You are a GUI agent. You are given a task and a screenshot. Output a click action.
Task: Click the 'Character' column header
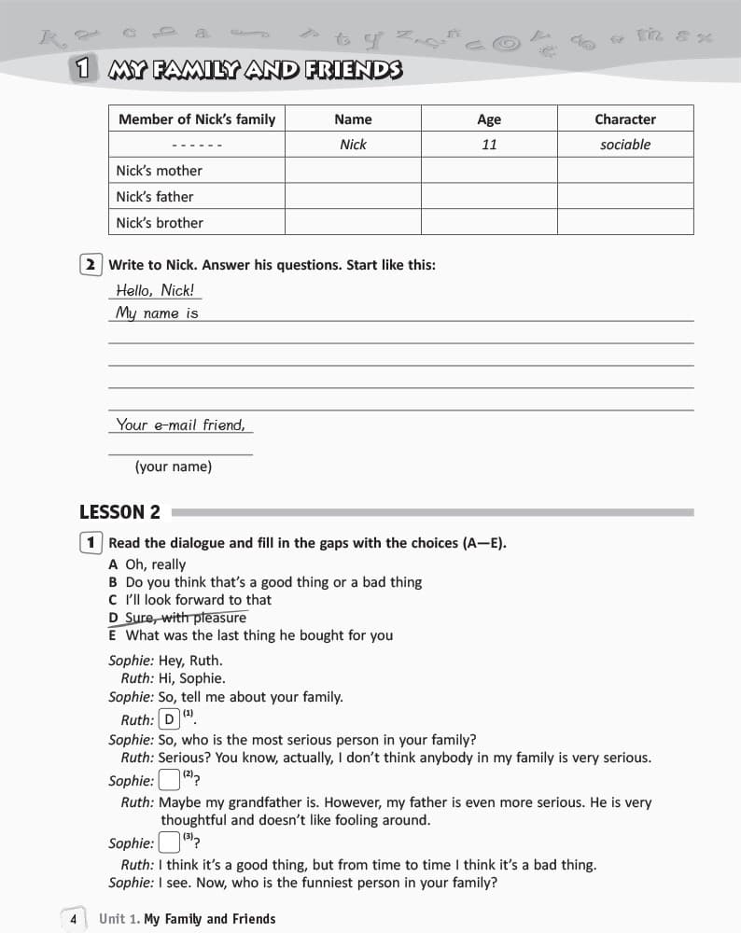(x=624, y=118)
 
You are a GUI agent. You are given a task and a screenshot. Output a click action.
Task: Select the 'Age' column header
(x=489, y=118)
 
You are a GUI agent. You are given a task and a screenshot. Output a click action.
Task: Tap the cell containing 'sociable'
(x=624, y=145)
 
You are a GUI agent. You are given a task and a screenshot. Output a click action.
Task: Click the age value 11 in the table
(x=489, y=145)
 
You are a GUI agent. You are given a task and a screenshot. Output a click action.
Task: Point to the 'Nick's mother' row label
(x=159, y=171)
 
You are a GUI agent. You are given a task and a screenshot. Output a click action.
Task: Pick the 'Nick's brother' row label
(x=160, y=223)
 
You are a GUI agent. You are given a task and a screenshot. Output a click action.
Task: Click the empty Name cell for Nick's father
(x=353, y=197)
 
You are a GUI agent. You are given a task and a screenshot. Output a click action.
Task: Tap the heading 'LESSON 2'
(x=119, y=511)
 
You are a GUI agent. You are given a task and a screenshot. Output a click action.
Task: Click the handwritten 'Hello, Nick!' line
(x=155, y=289)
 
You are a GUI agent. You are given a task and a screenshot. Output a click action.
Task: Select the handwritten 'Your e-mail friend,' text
(x=181, y=425)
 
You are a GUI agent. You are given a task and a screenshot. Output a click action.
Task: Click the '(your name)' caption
(x=174, y=466)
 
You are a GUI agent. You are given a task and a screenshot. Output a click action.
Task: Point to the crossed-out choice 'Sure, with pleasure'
(x=186, y=618)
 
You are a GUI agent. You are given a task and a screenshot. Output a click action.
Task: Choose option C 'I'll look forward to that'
(x=198, y=600)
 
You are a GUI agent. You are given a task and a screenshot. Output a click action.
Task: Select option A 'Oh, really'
(x=155, y=564)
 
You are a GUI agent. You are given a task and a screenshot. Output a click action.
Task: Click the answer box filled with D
(x=169, y=719)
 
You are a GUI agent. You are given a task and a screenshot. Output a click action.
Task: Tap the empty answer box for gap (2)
(x=169, y=780)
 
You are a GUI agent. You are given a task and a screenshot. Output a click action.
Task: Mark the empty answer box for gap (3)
(x=169, y=842)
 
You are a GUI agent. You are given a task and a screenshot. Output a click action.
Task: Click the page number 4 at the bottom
(x=73, y=919)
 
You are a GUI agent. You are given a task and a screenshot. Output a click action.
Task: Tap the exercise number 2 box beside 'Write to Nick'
(x=91, y=265)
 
